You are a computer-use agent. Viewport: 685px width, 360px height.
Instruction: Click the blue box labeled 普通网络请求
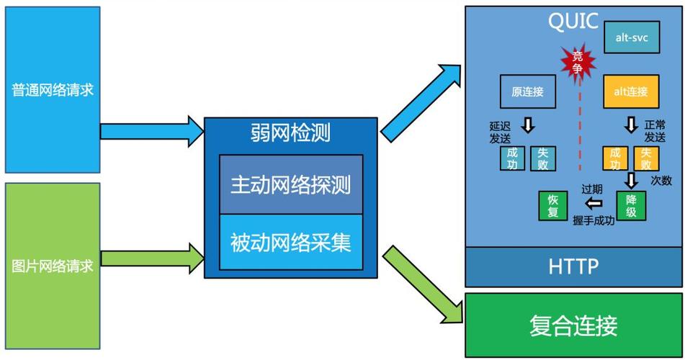coord(53,89)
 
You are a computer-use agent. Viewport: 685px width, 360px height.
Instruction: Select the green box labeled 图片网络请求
coord(53,266)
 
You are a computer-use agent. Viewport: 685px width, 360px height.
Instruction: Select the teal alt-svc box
coord(632,36)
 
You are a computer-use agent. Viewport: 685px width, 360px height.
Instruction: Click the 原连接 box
coord(527,91)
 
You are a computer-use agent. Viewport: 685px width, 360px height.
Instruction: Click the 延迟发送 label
coord(500,132)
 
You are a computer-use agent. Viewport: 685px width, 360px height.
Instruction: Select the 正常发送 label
coord(655,131)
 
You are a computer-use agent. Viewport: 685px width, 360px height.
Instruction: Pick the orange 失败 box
coord(646,158)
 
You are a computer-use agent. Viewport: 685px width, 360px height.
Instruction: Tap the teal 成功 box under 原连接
coord(512,158)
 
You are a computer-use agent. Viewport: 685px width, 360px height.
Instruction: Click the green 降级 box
coord(631,206)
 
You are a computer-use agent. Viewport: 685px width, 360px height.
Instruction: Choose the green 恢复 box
coord(553,206)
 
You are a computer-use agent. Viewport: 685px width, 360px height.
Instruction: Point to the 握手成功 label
coord(594,221)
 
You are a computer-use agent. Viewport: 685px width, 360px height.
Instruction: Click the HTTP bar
coord(573,267)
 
